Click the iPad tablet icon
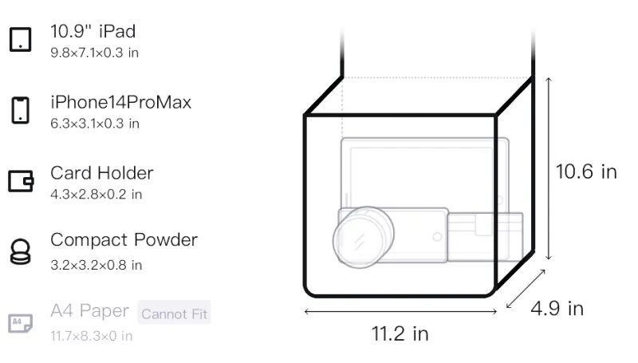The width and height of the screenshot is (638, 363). (21, 39)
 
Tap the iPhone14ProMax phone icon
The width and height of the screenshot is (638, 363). (21, 110)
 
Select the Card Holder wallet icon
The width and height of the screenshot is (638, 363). (21, 181)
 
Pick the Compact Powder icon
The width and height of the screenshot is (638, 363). (21, 252)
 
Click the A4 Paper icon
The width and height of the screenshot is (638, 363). (21, 323)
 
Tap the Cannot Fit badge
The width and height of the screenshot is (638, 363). (174, 313)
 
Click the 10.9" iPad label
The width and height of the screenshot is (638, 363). (93, 31)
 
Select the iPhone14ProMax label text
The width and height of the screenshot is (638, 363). (121, 102)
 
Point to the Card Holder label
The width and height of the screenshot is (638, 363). (102, 173)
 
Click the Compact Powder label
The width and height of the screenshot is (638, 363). (124, 240)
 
